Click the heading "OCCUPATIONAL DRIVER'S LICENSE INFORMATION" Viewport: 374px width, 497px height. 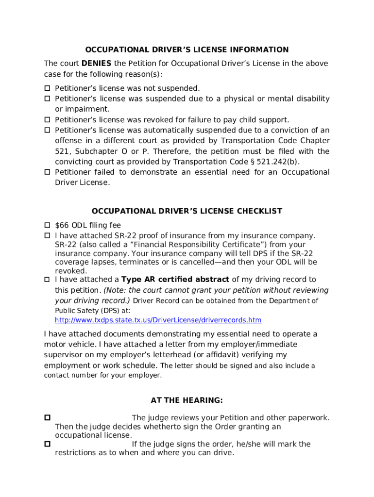coord(187,50)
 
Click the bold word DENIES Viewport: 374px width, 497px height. coord(96,63)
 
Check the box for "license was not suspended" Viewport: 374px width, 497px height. coord(48,88)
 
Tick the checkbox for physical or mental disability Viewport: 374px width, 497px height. coord(48,99)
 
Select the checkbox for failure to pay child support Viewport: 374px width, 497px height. coord(48,120)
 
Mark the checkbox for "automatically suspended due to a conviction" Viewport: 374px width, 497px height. coord(48,131)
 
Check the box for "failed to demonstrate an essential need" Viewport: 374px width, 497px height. coord(48,172)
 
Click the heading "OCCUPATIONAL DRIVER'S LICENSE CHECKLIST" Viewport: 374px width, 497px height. coord(187,211)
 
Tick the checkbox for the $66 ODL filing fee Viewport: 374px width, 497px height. coord(48,225)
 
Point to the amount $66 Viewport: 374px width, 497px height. coord(62,225)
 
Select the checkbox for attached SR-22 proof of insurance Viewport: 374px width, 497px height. coord(48,236)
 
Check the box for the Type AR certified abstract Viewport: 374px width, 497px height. coord(48,280)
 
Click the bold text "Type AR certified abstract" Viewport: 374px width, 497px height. coord(175,279)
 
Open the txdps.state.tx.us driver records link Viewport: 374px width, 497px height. coord(158,320)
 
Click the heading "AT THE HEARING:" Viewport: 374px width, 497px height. coord(187,400)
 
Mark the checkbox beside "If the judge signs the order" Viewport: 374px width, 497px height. coord(48,444)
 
